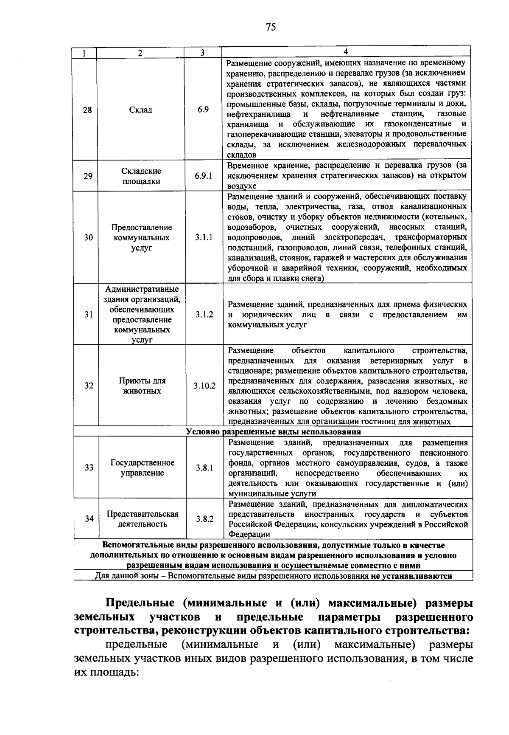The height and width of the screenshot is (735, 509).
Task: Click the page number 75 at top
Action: [271, 27]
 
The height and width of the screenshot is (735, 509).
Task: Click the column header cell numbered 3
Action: [203, 53]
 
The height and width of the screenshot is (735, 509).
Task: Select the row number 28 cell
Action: [87, 110]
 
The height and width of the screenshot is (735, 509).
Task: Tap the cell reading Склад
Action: [140, 110]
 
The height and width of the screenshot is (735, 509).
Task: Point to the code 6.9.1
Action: [204, 176]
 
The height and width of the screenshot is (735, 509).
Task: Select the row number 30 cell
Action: [88, 237]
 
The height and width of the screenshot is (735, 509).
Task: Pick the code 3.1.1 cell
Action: [204, 237]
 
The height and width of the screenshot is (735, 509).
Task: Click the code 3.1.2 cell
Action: [204, 315]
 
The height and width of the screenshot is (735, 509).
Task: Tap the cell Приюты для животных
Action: [142, 386]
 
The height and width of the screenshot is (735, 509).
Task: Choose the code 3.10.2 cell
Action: [205, 386]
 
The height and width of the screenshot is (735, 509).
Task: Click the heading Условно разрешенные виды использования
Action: [274, 432]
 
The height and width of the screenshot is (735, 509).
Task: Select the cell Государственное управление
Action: [142, 468]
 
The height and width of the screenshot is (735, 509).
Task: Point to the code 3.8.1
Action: [205, 468]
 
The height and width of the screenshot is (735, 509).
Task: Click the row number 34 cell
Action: [89, 519]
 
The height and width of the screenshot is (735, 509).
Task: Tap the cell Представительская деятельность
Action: [142, 519]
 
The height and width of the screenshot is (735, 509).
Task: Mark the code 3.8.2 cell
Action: [205, 519]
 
